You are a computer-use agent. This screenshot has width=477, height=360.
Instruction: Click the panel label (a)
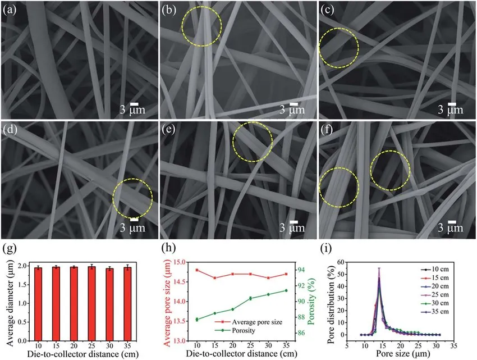click(10, 10)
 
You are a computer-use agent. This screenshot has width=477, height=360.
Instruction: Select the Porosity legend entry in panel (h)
click(247, 331)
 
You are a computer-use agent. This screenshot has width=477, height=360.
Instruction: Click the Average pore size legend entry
click(259, 322)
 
